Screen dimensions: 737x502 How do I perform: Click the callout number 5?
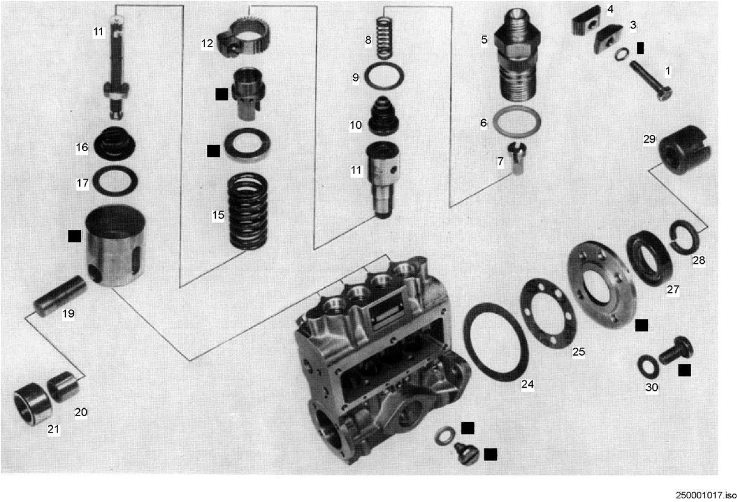point(484,40)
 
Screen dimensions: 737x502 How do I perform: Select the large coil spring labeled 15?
point(247,211)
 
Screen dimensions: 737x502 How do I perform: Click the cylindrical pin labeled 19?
point(61,296)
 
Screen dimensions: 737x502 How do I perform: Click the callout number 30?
point(652,388)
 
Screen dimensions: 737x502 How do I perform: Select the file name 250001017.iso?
point(706,495)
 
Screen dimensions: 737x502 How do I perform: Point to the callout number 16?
point(82,147)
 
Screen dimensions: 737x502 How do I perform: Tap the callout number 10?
point(356,125)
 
